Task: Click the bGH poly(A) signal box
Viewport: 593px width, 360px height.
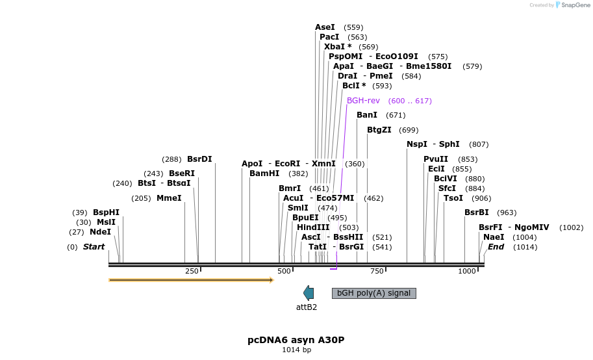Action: (x=373, y=293)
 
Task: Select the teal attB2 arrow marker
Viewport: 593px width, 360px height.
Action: (x=309, y=293)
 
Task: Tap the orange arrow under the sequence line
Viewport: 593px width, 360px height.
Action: (x=191, y=280)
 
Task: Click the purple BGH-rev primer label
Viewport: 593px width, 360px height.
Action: (x=363, y=101)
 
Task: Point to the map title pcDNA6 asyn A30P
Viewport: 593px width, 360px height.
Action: (x=296, y=340)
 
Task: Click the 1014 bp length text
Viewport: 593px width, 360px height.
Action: (x=296, y=350)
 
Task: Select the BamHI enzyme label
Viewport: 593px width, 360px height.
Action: (x=264, y=174)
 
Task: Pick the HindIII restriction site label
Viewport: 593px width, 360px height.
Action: (x=313, y=227)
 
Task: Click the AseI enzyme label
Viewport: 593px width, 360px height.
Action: (x=325, y=27)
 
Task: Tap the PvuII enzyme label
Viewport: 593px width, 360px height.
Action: (x=436, y=159)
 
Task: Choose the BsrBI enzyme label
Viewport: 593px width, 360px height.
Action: (x=477, y=212)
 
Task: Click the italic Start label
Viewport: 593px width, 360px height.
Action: (x=94, y=247)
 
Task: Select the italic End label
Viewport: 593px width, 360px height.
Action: (x=496, y=247)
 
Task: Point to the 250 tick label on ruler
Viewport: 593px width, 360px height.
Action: (x=192, y=271)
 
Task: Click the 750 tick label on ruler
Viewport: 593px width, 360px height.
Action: (x=376, y=271)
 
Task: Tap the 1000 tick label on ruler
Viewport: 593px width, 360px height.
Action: (x=468, y=271)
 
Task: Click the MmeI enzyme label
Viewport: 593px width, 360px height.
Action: (x=169, y=198)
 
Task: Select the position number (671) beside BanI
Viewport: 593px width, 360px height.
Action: (x=396, y=115)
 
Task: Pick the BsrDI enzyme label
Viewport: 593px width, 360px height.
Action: (x=199, y=159)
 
